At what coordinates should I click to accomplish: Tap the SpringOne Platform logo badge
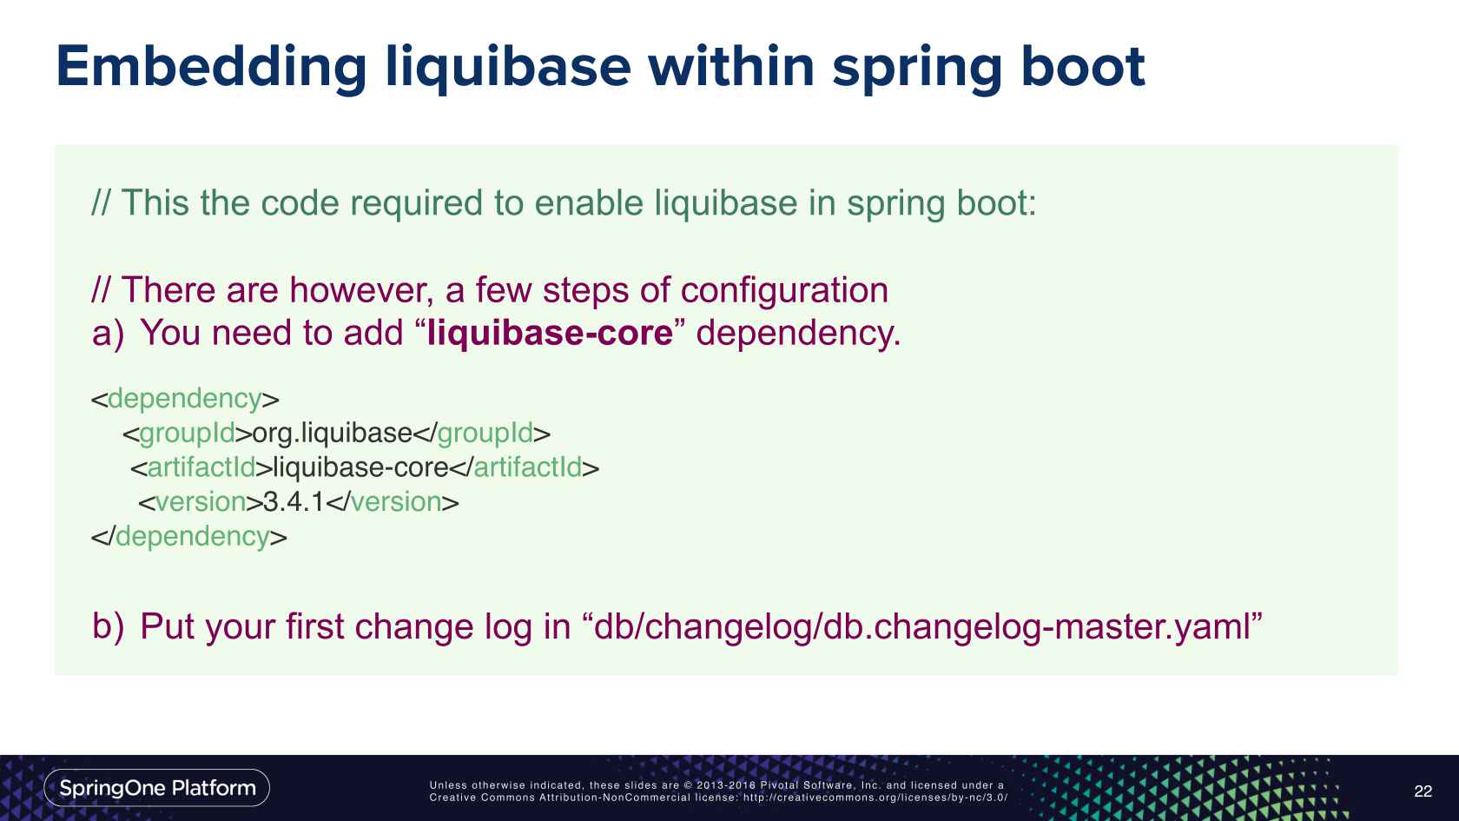coord(157,788)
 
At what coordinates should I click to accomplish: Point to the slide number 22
coord(1423,791)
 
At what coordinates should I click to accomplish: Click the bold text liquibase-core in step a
coord(551,333)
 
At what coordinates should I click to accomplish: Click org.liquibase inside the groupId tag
coord(332,433)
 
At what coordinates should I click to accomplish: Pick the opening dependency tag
coord(185,399)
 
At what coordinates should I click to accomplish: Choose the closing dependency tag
coord(189,536)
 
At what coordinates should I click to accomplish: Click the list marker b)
coord(108,626)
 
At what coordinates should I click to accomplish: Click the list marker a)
coord(108,334)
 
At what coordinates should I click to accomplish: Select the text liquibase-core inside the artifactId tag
coord(360,467)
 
